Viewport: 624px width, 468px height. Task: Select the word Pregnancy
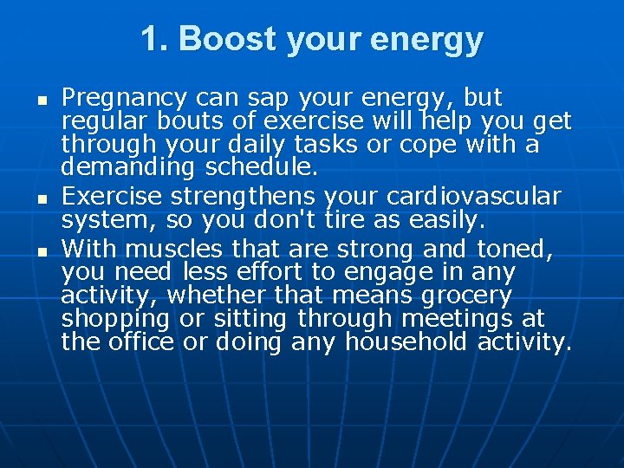[x=124, y=98]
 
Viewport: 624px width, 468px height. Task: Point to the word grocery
[x=467, y=296]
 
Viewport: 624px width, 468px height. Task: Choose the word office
[x=142, y=342]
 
